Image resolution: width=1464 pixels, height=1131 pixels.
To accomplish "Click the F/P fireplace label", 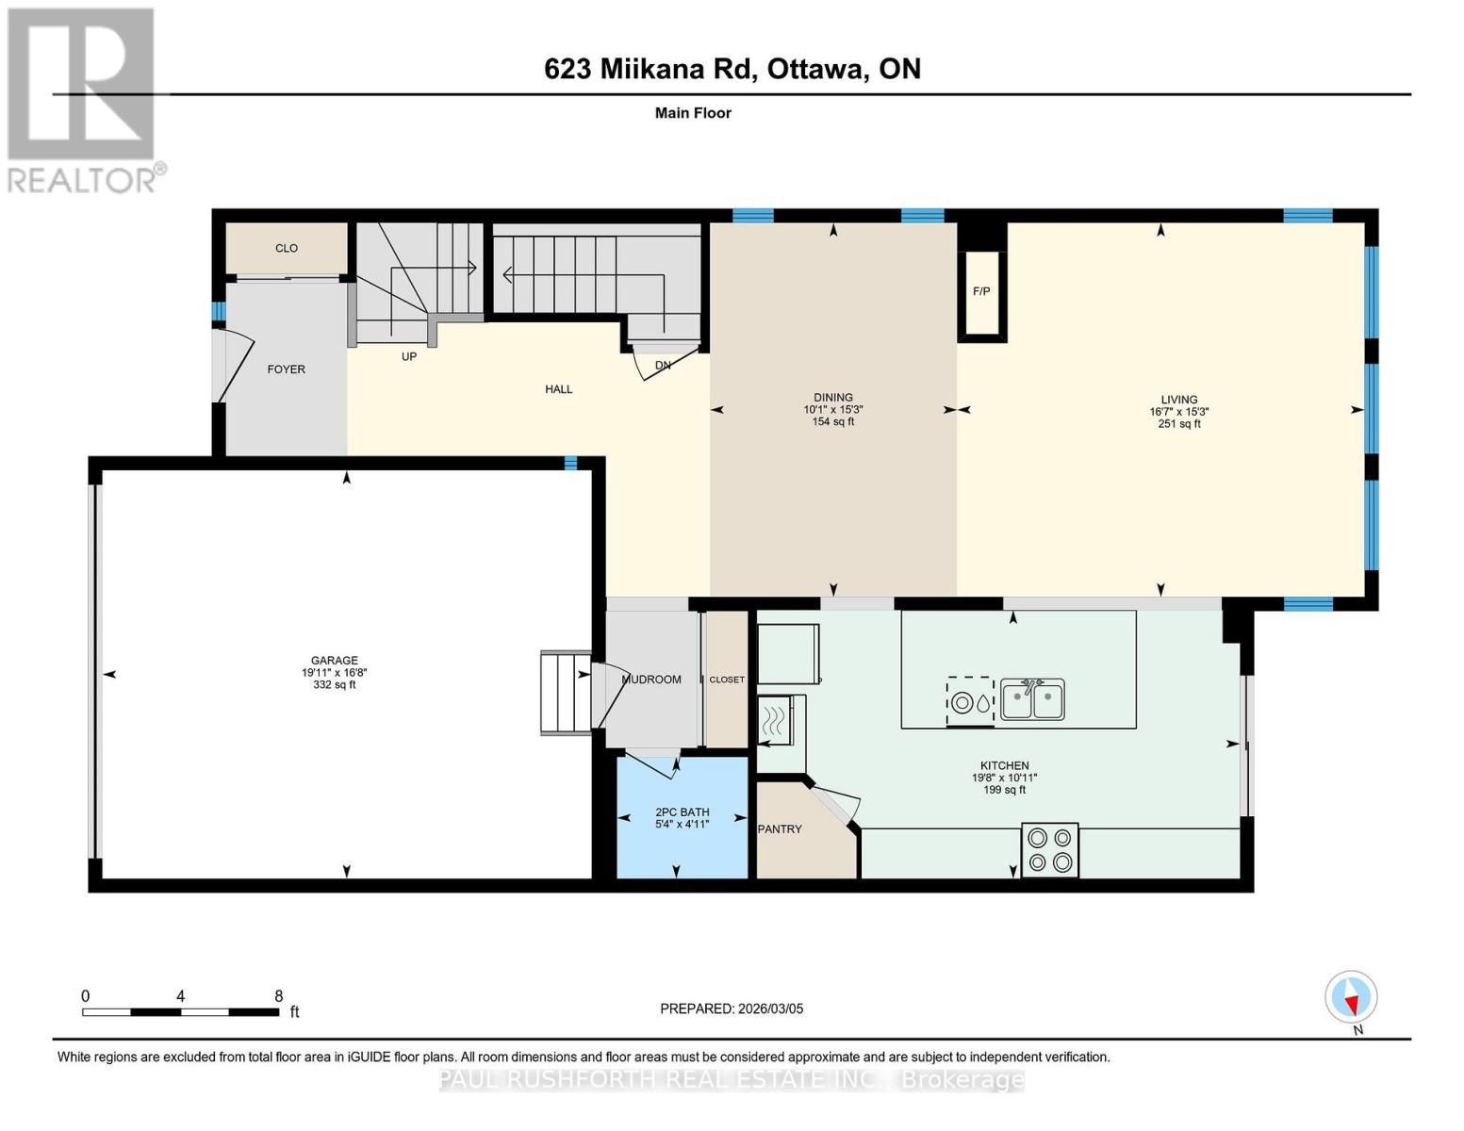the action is (981, 291).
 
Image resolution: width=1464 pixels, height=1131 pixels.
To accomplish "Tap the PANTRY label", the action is (780, 828).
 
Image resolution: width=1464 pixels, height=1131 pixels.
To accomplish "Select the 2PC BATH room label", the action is (683, 811).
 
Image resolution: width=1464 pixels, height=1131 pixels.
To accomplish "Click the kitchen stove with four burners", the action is (1049, 849).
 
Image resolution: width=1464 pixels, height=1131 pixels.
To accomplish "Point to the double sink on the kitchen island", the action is (1032, 698).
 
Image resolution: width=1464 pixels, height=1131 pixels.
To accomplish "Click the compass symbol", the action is (1351, 997).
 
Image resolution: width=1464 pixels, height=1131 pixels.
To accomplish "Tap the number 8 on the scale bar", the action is (278, 995).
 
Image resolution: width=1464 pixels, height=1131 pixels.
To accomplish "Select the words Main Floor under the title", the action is (693, 112).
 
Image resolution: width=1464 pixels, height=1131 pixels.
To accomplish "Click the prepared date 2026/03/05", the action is (770, 1008).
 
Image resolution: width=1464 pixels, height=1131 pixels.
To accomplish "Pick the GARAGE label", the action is (334, 660).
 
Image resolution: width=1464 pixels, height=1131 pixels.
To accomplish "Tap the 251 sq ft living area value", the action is (1179, 424).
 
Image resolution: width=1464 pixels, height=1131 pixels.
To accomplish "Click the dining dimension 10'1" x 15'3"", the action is (832, 410).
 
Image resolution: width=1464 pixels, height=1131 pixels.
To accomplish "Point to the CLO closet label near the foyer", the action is (287, 248).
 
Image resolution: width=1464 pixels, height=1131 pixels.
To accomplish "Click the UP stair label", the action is (409, 356).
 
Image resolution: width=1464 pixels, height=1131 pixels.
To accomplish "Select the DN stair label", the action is (663, 365).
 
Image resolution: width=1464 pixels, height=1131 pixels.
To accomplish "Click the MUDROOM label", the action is (651, 679).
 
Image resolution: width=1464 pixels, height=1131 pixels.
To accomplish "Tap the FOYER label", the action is (287, 369).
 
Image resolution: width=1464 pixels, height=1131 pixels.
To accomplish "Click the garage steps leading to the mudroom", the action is (566, 693).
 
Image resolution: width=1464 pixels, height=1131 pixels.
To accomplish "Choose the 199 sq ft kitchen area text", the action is (1004, 790).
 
